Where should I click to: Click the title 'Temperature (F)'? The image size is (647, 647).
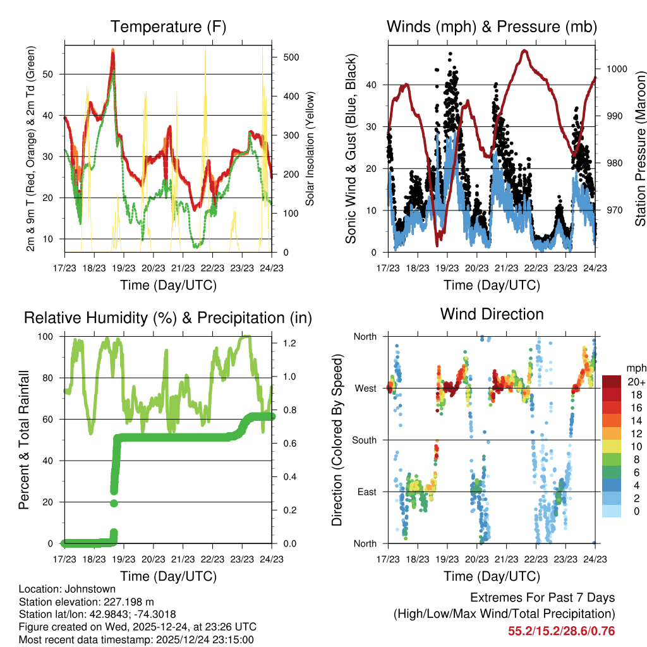click(x=168, y=27)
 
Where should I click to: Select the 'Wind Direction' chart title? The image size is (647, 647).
click(x=492, y=314)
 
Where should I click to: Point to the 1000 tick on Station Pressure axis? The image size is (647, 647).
click(x=616, y=69)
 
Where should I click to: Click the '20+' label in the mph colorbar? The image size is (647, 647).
click(x=636, y=382)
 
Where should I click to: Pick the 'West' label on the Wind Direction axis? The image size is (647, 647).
click(x=365, y=388)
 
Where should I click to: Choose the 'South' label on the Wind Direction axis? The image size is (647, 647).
click(x=363, y=440)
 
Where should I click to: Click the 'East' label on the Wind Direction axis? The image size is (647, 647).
click(x=366, y=492)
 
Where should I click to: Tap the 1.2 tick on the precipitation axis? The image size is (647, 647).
click(x=286, y=343)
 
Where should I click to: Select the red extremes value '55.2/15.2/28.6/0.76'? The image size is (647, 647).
click(x=561, y=631)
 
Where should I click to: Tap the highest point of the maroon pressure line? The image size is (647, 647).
click(x=524, y=50)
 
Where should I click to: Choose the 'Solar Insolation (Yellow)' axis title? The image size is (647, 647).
click(x=310, y=148)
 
